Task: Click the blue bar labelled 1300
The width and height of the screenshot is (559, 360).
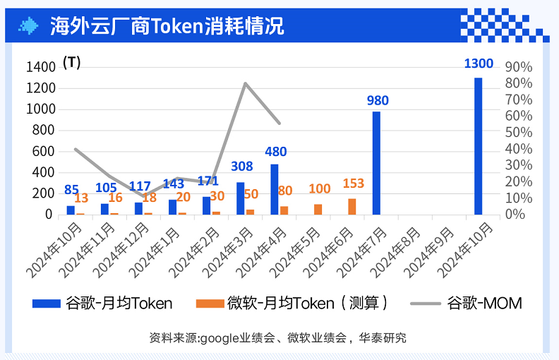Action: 478,145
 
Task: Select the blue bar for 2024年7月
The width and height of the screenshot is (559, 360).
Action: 376,163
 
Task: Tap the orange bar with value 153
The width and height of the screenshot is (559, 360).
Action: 352,206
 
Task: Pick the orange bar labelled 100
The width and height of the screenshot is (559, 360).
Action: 318,209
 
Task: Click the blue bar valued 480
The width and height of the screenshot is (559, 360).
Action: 275,189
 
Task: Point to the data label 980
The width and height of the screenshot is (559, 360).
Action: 378,101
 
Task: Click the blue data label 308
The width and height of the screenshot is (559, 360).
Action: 242,167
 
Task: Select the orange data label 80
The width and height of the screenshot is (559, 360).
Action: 285,191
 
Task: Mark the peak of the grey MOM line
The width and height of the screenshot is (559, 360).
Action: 245,83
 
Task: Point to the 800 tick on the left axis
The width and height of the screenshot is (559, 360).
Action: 44,130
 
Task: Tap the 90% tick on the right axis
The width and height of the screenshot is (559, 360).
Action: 519,67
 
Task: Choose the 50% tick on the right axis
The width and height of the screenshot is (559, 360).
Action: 519,133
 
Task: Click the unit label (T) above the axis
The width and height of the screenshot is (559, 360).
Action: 72,63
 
